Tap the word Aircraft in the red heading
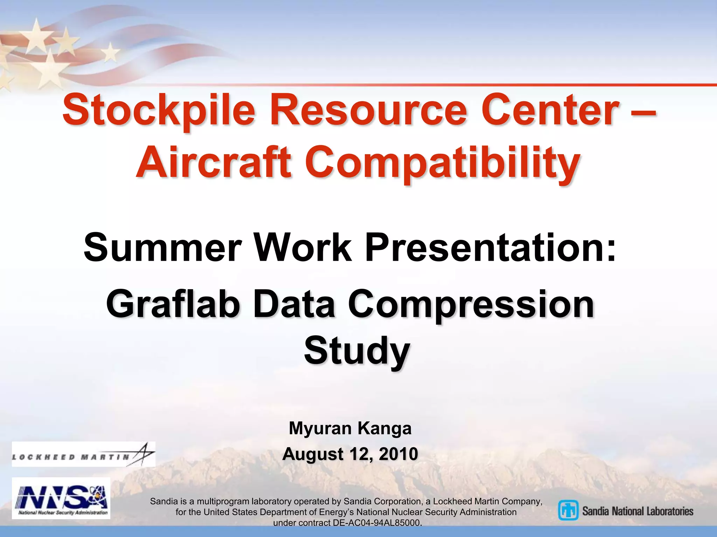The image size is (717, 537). [x=213, y=163]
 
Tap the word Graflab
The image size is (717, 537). [x=173, y=304]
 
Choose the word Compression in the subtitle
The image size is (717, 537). [x=471, y=304]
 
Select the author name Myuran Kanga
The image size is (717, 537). [x=350, y=428]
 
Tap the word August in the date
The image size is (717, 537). [x=313, y=454]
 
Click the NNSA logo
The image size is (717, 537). [x=61, y=498]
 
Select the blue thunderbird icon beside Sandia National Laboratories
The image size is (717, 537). [x=568, y=510]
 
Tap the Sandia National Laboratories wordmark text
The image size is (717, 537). [x=638, y=511]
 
